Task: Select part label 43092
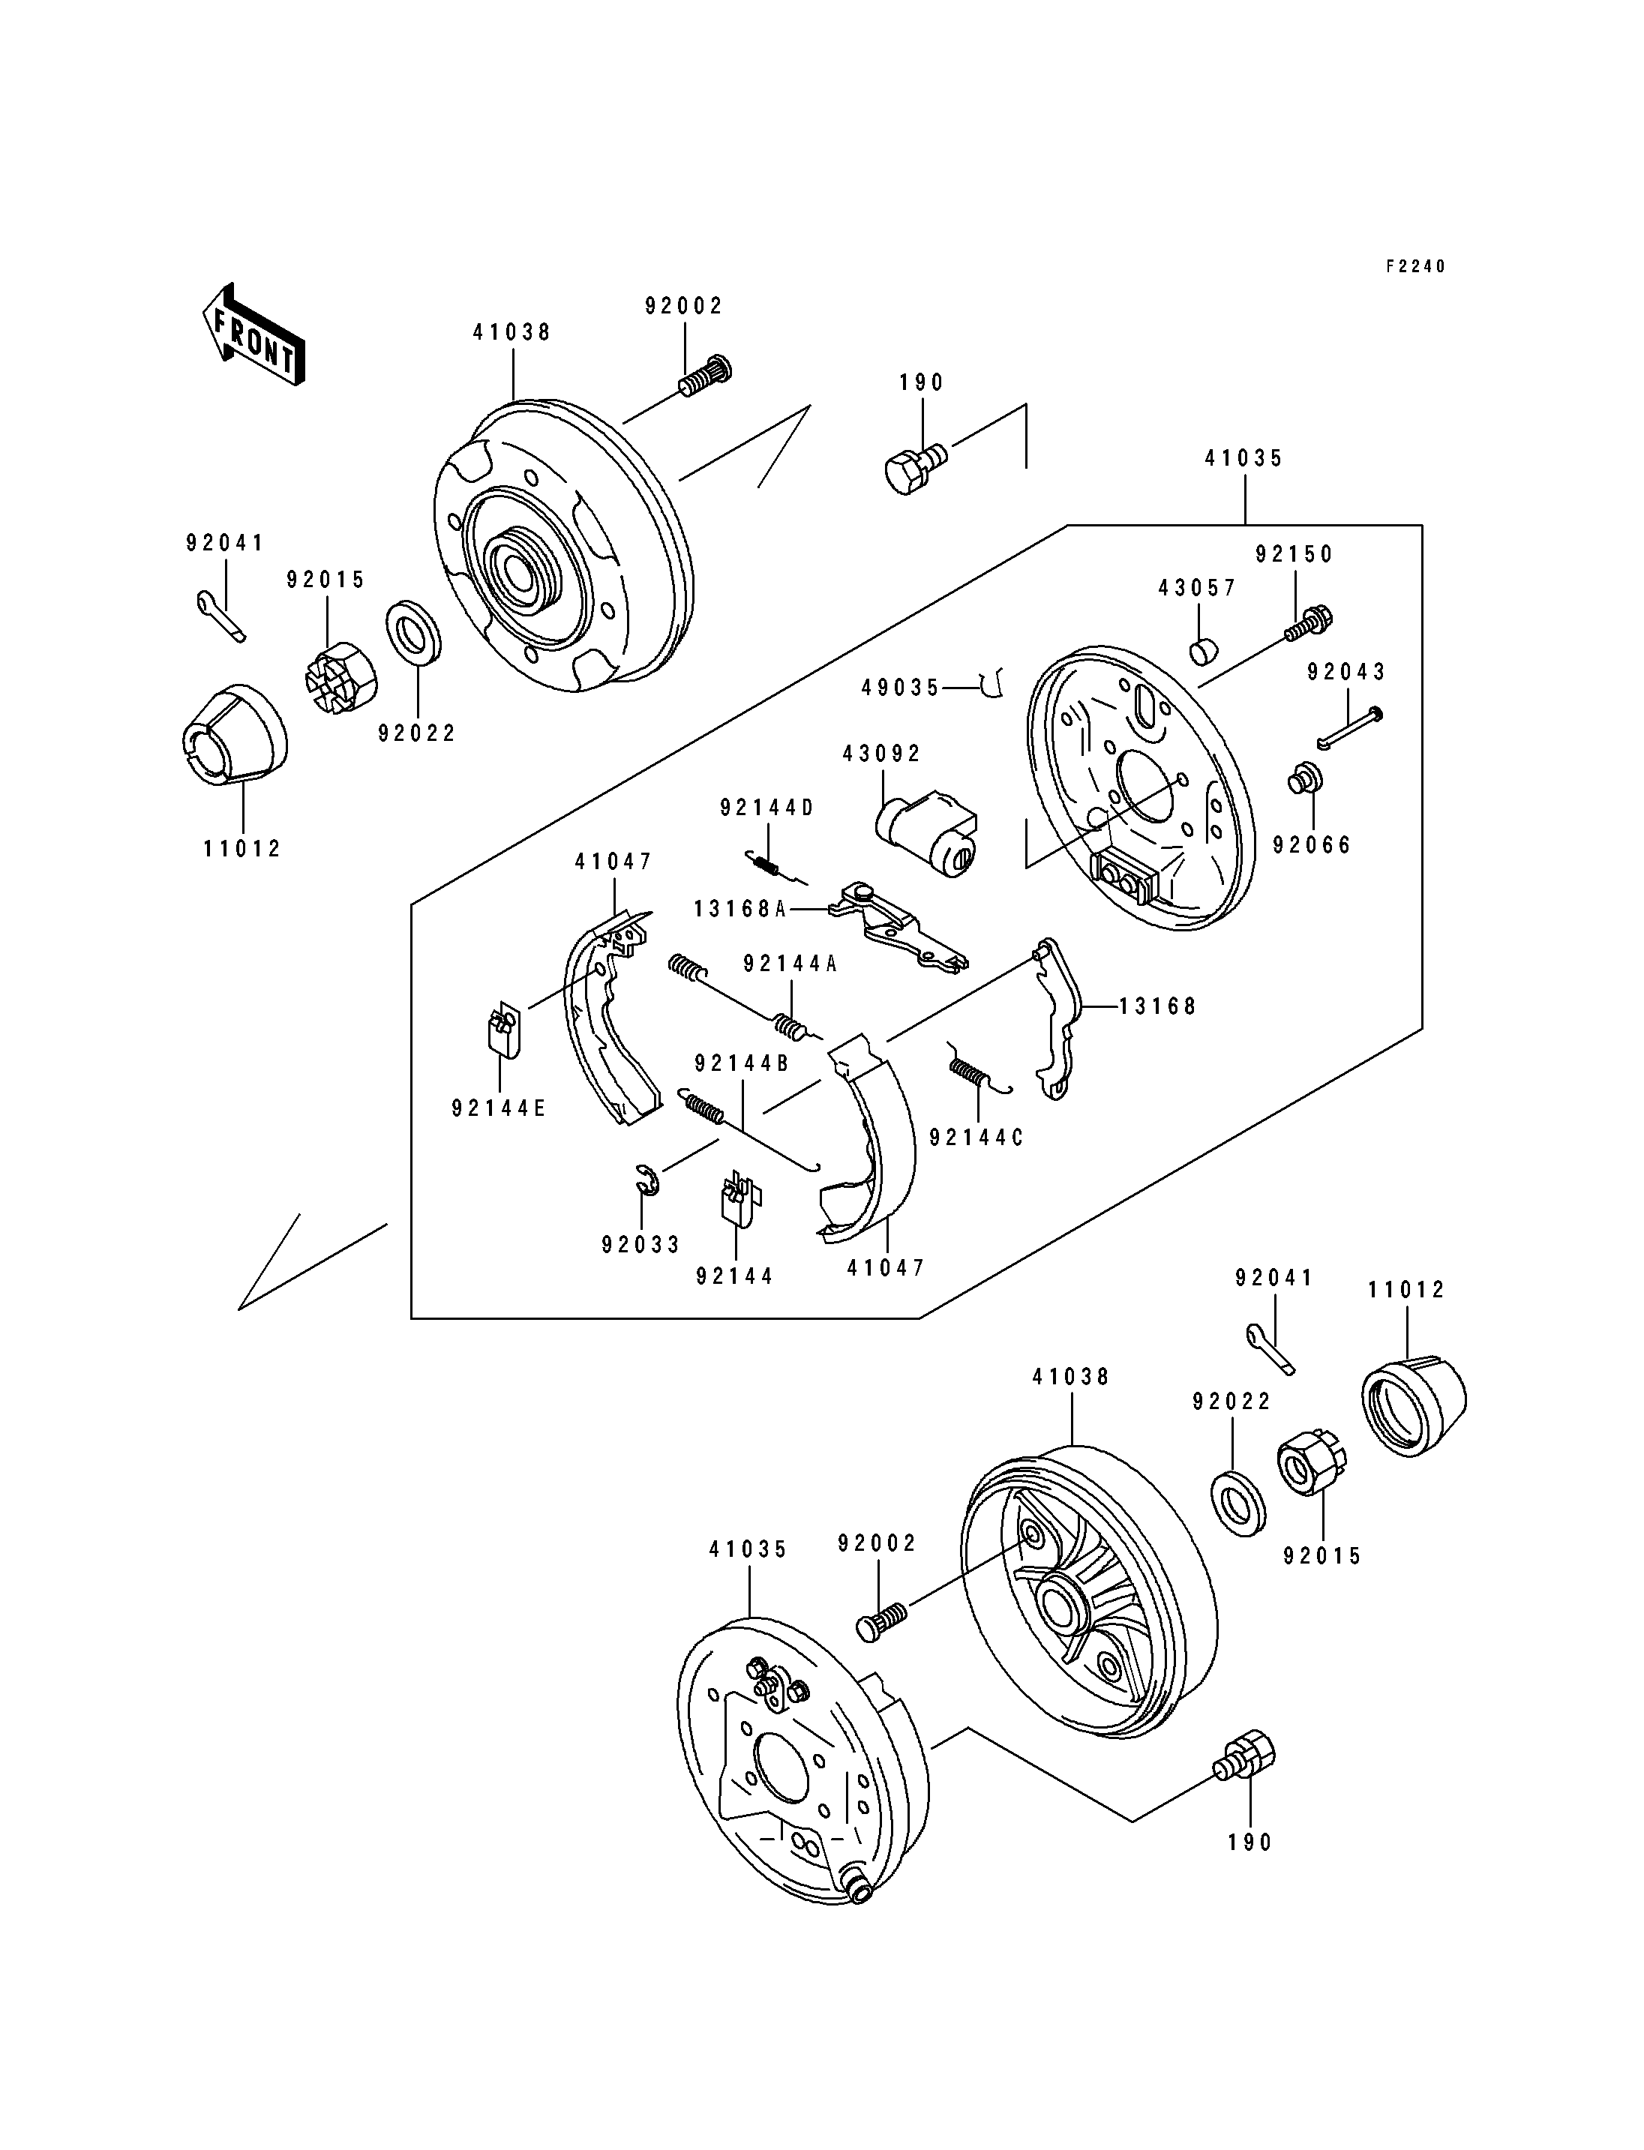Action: [x=882, y=754]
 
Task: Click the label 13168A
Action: [x=739, y=909]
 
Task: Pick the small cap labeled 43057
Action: [x=1203, y=649]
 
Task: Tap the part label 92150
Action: [x=1294, y=554]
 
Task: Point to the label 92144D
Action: [x=767, y=808]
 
